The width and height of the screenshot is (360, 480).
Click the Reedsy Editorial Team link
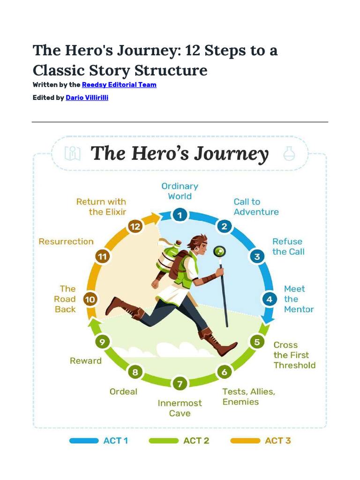pyautogui.click(x=119, y=85)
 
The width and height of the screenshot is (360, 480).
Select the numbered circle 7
pyautogui.click(x=180, y=384)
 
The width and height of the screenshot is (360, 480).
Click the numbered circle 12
pyautogui.click(x=135, y=227)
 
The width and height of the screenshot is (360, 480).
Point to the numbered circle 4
pyautogui.click(x=269, y=299)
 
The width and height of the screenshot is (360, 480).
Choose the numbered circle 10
pyautogui.click(x=90, y=299)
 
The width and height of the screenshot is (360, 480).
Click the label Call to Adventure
pyautogui.click(x=256, y=207)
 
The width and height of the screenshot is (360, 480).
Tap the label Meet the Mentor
pyautogui.click(x=298, y=299)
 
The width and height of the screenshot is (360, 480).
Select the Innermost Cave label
pyautogui.click(x=180, y=408)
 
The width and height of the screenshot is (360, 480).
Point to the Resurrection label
pyautogui.click(x=66, y=241)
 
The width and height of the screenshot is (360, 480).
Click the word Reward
pyautogui.click(x=85, y=360)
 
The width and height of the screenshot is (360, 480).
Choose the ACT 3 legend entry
pyautogui.click(x=261, y=441)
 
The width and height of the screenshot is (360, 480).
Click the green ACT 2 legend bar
pyautogui.click(x=164, y=441)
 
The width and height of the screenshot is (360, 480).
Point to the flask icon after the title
pyautogui.click(x=289, y=153)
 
